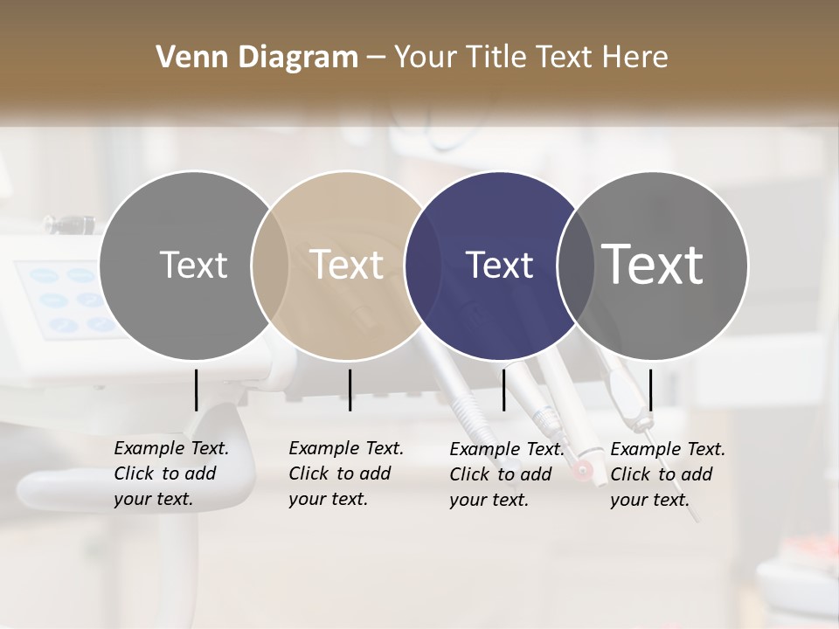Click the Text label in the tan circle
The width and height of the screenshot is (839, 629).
coord(346,265)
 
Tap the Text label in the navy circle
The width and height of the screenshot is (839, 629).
coord(499,265)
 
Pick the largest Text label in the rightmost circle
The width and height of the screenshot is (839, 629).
coord(653,265)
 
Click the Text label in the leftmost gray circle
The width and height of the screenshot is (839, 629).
coord(193,265)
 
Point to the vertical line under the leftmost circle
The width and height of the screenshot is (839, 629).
coord(197,390)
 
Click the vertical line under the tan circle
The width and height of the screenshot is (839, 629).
coord(350,390)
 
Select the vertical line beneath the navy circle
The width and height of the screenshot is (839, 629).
coord(503,390)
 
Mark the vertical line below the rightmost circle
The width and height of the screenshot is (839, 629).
coord(651,390)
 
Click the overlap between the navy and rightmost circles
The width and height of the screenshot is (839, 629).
coord(574,266)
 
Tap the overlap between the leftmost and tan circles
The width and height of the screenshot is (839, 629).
coord(270,266)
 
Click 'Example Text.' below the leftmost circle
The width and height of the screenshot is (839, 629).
coord(171,448)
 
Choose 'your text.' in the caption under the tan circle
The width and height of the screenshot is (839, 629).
coord(328,499)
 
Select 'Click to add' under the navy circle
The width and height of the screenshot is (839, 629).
coord(501,474)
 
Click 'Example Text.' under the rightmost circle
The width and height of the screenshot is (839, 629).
coord(668,449)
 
